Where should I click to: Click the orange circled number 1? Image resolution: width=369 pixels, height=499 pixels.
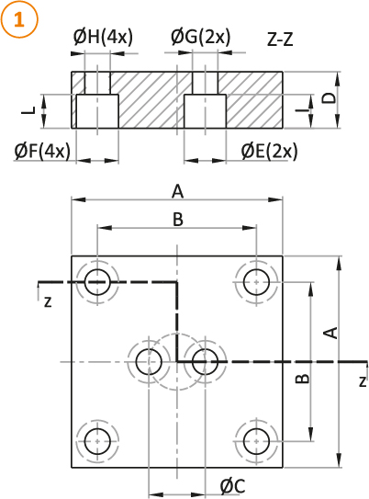19,19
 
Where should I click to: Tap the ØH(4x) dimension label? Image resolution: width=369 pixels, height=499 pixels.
103,37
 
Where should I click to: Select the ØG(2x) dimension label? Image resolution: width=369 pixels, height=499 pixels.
200,37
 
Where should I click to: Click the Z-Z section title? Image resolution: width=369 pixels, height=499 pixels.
280,40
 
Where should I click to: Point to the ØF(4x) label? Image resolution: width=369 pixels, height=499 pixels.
42,151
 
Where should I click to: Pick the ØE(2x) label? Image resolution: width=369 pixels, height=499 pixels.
270,151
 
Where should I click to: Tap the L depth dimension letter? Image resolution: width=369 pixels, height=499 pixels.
28,110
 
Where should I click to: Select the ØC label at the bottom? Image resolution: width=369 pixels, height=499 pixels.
233,486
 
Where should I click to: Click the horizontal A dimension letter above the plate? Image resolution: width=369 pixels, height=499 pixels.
178,192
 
